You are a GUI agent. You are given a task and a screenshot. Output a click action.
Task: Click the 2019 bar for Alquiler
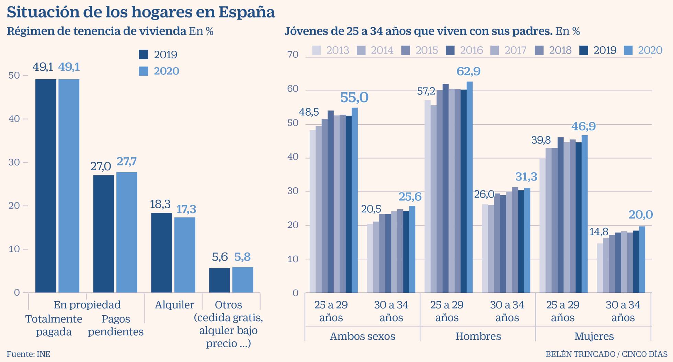pos(161,253)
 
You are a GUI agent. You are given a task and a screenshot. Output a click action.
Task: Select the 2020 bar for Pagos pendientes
pos(127,232)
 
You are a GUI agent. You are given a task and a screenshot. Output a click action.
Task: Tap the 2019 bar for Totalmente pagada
pos(46,186)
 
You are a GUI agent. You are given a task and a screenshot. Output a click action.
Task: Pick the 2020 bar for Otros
pos(242,280)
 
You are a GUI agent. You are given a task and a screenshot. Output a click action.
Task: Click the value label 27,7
pos(127,161)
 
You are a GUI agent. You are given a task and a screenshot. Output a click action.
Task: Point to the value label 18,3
pos(160,204)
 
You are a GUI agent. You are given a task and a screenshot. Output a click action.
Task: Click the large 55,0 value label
pos(354,97)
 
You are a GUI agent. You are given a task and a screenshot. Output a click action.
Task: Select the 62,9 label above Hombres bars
pos(468,71)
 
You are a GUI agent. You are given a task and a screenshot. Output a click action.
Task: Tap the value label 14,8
pos(599,232)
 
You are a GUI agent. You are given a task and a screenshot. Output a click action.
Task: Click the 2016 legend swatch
pos(450,50)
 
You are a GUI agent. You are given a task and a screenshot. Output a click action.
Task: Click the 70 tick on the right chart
pos(293,55)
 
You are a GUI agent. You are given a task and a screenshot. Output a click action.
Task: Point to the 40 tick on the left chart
pos(14,119)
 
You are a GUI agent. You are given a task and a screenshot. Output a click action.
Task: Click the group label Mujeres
pos(594,336)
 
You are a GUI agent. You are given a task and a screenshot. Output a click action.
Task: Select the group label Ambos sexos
pos(362,336)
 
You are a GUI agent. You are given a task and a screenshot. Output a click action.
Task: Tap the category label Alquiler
pos(174,305)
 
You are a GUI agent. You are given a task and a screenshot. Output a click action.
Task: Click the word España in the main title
pos(247,12)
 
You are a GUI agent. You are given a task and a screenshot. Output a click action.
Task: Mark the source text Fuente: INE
pos(28,354)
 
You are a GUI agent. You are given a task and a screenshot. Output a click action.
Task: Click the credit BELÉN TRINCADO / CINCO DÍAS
pos(606,354)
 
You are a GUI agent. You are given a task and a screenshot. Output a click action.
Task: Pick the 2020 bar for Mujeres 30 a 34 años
pos(642,259)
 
